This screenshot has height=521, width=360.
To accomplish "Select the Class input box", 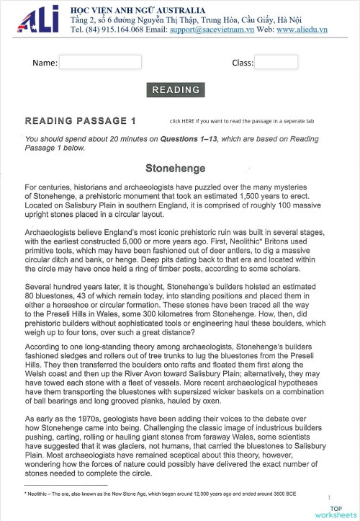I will click(x=276, y=63).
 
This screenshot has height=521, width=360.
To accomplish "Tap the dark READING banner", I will click(x=176, y=90).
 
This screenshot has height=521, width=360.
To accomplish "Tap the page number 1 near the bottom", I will click(x=329, y=497).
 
